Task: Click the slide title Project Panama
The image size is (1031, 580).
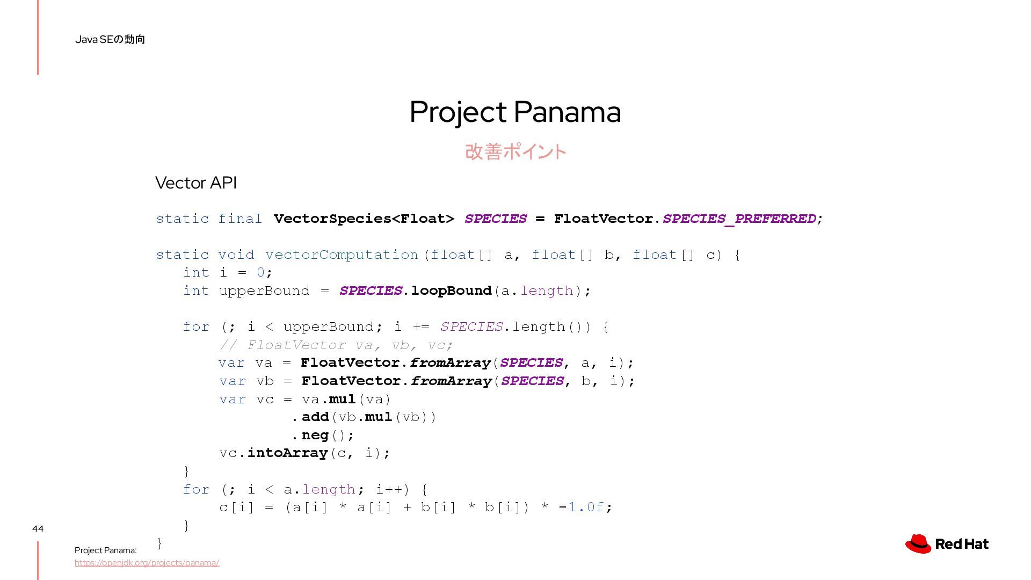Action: (x=515, y=112)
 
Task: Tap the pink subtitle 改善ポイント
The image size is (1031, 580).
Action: (x=515, y=152)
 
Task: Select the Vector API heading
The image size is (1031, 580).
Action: (x=196, y=183)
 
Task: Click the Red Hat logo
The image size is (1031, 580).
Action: (x=947, y=543)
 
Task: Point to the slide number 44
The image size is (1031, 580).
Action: (x=38, y=528)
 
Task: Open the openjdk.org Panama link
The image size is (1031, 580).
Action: (x=147, y=563)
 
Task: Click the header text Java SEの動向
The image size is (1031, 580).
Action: (x=110, y=39)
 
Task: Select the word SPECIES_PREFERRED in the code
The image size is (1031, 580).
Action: (x=739, y=219)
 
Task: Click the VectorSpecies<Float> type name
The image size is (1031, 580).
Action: (x=364, y=219)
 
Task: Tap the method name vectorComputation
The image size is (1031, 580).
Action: (x=342, y=255)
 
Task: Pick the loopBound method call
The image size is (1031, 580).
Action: (x=451, y=291)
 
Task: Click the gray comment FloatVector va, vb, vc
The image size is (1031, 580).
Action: (x=336, y=345)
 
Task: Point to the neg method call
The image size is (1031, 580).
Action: (x=315, y=435)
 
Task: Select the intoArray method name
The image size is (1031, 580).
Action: (x=287, y=453)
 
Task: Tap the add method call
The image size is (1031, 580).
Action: (x=315, y=417)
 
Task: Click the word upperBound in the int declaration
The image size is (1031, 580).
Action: (x=264, y=291)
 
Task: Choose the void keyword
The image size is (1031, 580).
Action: (x=236, y=255)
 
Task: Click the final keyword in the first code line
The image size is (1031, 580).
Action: (x=240, y=219)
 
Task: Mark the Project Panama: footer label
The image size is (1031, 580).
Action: (x=106, y=550)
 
